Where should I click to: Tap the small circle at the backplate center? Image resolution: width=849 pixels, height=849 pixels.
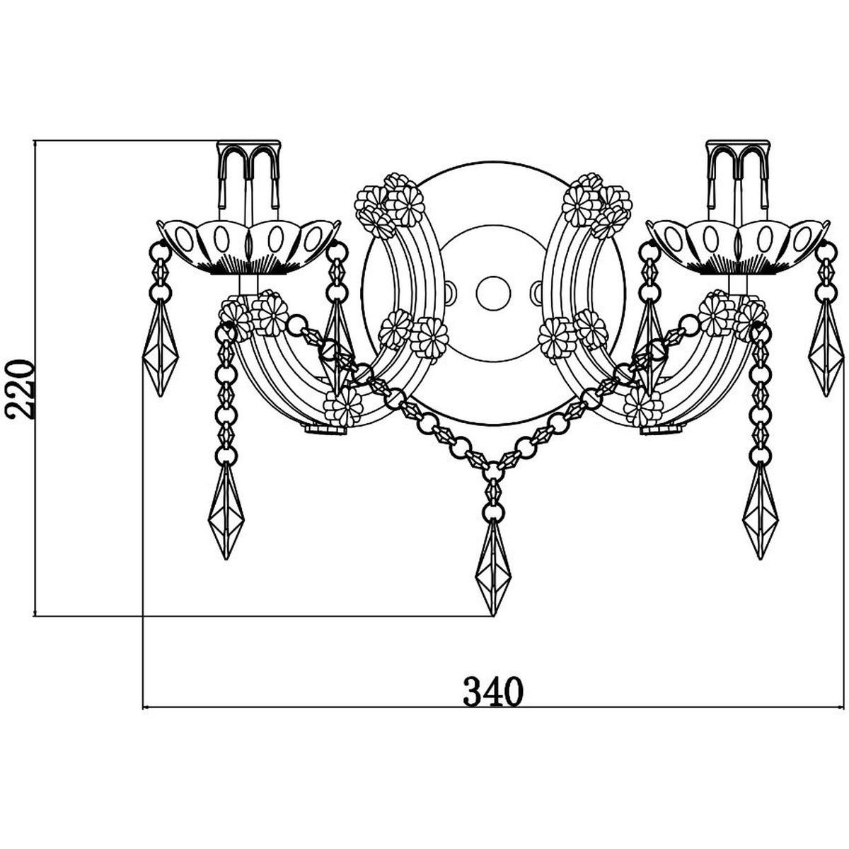[x=492, y=292]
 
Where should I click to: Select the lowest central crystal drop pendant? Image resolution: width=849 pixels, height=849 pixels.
[x=493, y=568]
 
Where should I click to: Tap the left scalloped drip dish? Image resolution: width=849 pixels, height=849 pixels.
[x=249, y=247]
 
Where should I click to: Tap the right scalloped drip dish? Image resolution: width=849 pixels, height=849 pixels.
[x=739, y=247]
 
